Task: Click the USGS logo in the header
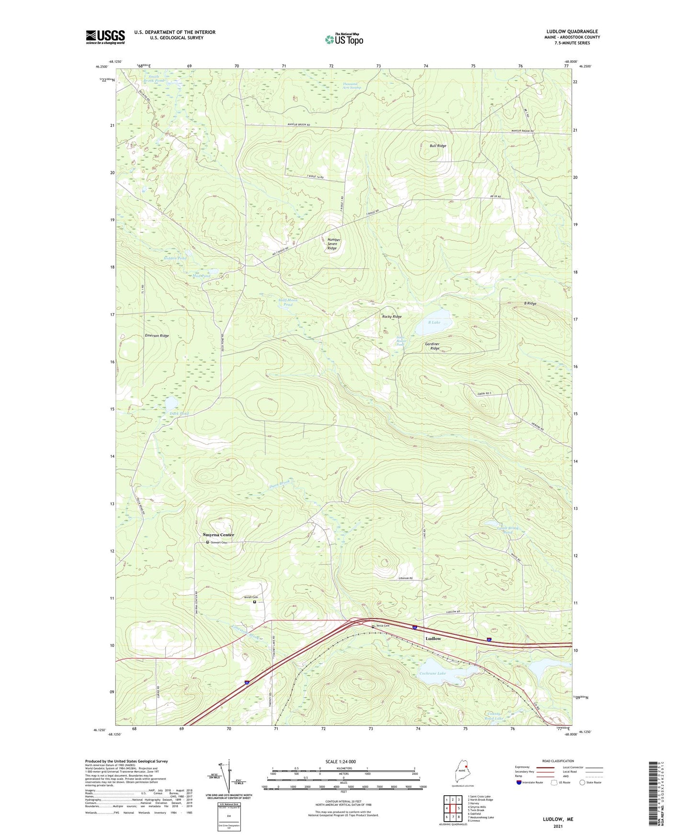[x=105, y=37]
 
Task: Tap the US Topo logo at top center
[x=344, y=39]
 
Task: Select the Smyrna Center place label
[x=218, y=535]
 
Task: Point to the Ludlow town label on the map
[x=433, y=638]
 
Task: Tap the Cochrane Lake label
[x=432, y=673]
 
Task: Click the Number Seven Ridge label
[x=333, y=244]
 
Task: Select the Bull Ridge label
[x=438, y=146]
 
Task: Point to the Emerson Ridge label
[x=157, y=336]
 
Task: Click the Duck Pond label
[x=179, y=413]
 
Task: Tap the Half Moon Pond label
[x=288, y=302]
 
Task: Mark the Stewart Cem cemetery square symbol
[x=207, y=542]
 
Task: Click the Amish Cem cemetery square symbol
[x=254, y=602]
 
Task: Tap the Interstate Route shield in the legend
[x=519, y=782]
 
